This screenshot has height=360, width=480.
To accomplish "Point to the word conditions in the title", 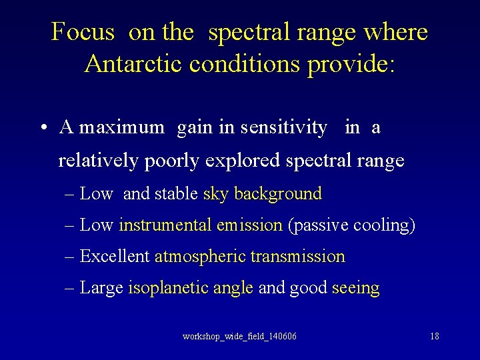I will tap(245, 64).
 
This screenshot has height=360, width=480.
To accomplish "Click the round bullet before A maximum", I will tap(42, 128).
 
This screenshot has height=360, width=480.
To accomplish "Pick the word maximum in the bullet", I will tap(122, 127).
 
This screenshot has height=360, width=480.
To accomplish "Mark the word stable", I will tap(176, 194).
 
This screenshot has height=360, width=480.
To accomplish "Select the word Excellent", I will tap(115, 257).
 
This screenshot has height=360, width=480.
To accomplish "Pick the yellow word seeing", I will tap(355, 288).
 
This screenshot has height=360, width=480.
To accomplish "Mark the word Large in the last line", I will tap(101, 288).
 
